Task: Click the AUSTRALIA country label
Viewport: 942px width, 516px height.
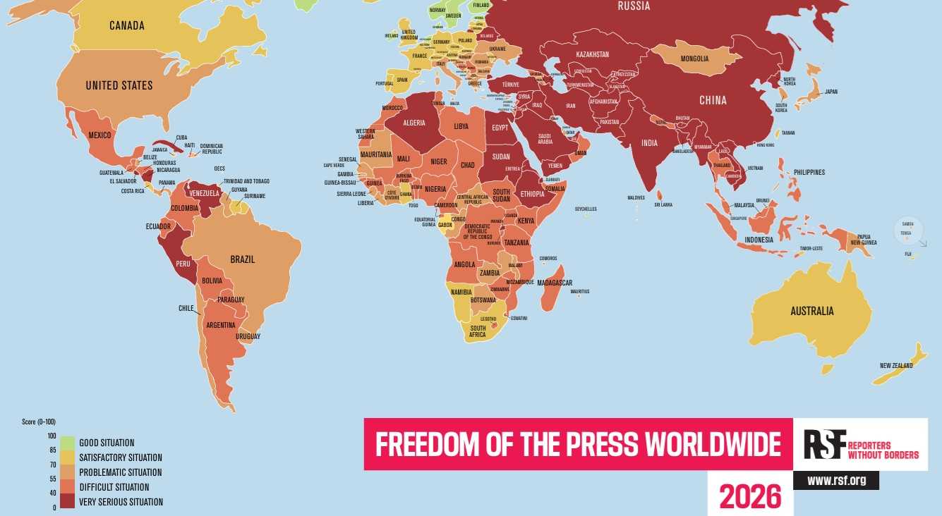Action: [811, 311]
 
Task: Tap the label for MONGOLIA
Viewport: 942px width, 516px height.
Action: [695, 59]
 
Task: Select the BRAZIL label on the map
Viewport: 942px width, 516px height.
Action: [243, 259]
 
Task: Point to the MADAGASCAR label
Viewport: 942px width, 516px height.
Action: [554, 283]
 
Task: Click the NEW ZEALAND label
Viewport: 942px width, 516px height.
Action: [896, 365]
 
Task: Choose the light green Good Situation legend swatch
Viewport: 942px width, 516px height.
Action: [68, 443]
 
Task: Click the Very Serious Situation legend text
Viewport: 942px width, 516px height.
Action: [121, 503]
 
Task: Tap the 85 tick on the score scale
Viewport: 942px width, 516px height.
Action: [52, 450]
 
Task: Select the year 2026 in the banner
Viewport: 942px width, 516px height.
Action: [750, 496]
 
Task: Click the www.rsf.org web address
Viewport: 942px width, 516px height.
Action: [835, 481]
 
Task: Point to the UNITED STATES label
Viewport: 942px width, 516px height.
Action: [119, 85]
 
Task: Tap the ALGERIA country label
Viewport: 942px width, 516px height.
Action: [413, 122]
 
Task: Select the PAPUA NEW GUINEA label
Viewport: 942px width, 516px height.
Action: [863, 240]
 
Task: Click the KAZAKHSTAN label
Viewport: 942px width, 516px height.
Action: [592, 54]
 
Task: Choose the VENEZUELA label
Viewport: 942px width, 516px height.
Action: [204, 194]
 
